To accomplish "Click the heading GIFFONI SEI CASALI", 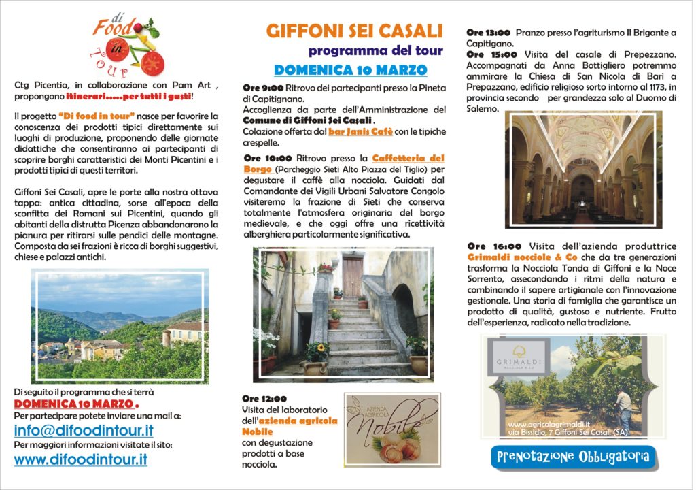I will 354,31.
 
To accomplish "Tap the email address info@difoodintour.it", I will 84,431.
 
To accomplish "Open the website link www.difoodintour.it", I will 80,459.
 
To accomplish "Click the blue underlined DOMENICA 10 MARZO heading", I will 350,70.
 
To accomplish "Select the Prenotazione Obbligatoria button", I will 573,456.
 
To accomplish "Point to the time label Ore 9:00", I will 263,88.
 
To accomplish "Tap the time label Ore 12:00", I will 264,399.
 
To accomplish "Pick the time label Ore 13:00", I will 488,32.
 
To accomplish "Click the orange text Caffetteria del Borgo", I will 408,158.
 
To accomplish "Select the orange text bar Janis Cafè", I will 367,131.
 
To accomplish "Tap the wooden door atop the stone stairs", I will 352,276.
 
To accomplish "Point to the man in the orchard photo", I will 624,410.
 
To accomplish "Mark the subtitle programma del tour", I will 375,51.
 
